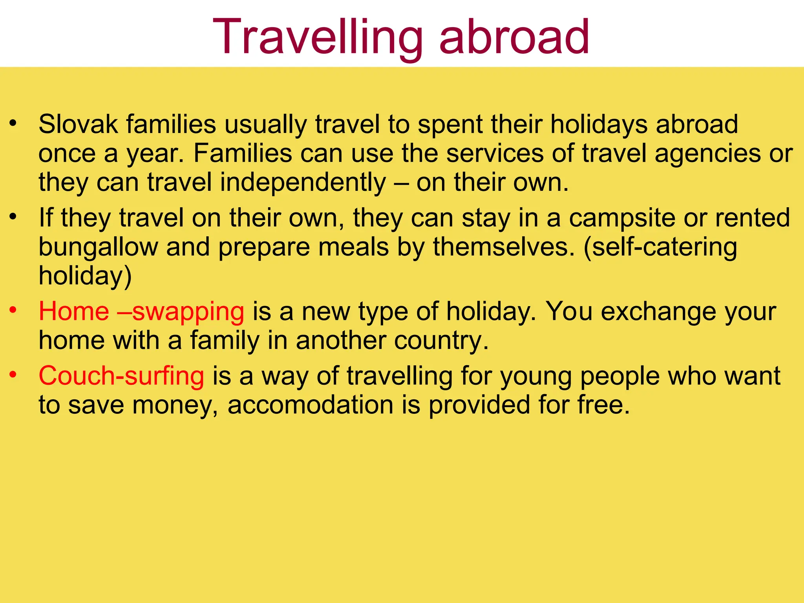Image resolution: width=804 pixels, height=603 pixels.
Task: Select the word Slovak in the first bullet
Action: [x=78, y=124]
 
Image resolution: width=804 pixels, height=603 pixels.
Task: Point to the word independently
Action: [x=303, y=183]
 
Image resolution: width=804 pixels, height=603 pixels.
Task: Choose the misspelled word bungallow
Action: [x=98, y=247]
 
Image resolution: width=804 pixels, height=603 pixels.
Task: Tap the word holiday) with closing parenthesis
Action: [x=85, y=276]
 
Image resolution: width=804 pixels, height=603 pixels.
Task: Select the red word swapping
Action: [x=188, y=312]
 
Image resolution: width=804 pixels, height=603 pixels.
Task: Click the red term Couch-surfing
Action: [x=121, y=376]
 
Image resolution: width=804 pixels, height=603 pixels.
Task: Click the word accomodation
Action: [x=310, y=405]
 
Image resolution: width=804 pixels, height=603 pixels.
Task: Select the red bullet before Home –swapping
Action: [x=14, y=310]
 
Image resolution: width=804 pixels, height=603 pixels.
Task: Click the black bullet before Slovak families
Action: [x=14, y=123]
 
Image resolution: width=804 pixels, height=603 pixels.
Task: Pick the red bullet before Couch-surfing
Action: [x=14, y=375]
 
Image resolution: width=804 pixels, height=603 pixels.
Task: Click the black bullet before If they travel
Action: [x=14, y=216]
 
